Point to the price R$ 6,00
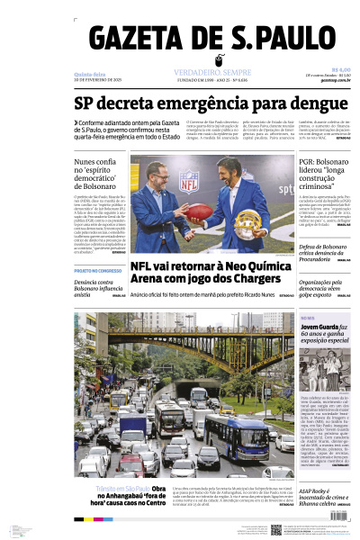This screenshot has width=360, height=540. (x=340, y=69)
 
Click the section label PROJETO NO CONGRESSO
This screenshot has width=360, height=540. (x=97, y=270)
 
